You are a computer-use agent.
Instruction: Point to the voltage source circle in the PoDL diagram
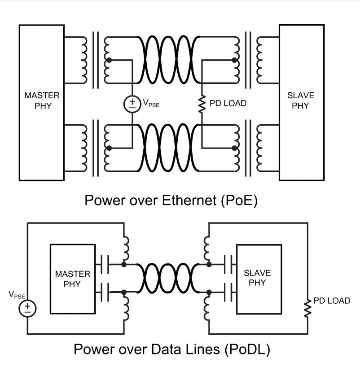tap(28, 308)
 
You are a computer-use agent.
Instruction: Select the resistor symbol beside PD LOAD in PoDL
tap(308, 308)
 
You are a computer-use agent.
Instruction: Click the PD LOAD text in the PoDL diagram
tap(332, 301)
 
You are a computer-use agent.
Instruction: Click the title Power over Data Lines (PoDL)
tap(171, 348)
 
